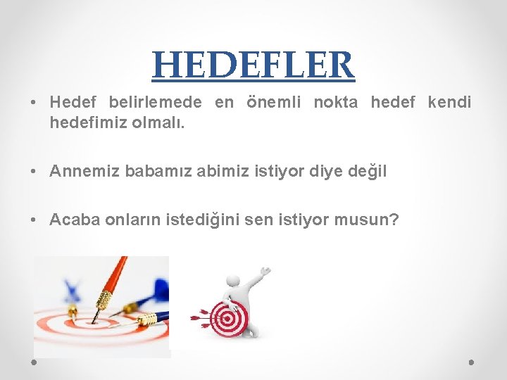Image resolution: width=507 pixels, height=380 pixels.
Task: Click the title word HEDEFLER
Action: [253, 65]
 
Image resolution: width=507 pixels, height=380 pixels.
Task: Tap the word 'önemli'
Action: [274, 103]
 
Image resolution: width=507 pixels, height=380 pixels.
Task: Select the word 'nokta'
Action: [336, 103]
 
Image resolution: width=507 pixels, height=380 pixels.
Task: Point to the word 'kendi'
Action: [449, 103]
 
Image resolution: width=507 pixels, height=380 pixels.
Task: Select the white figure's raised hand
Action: [265, 271]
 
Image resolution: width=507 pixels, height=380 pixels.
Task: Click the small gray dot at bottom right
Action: [471, 362]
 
